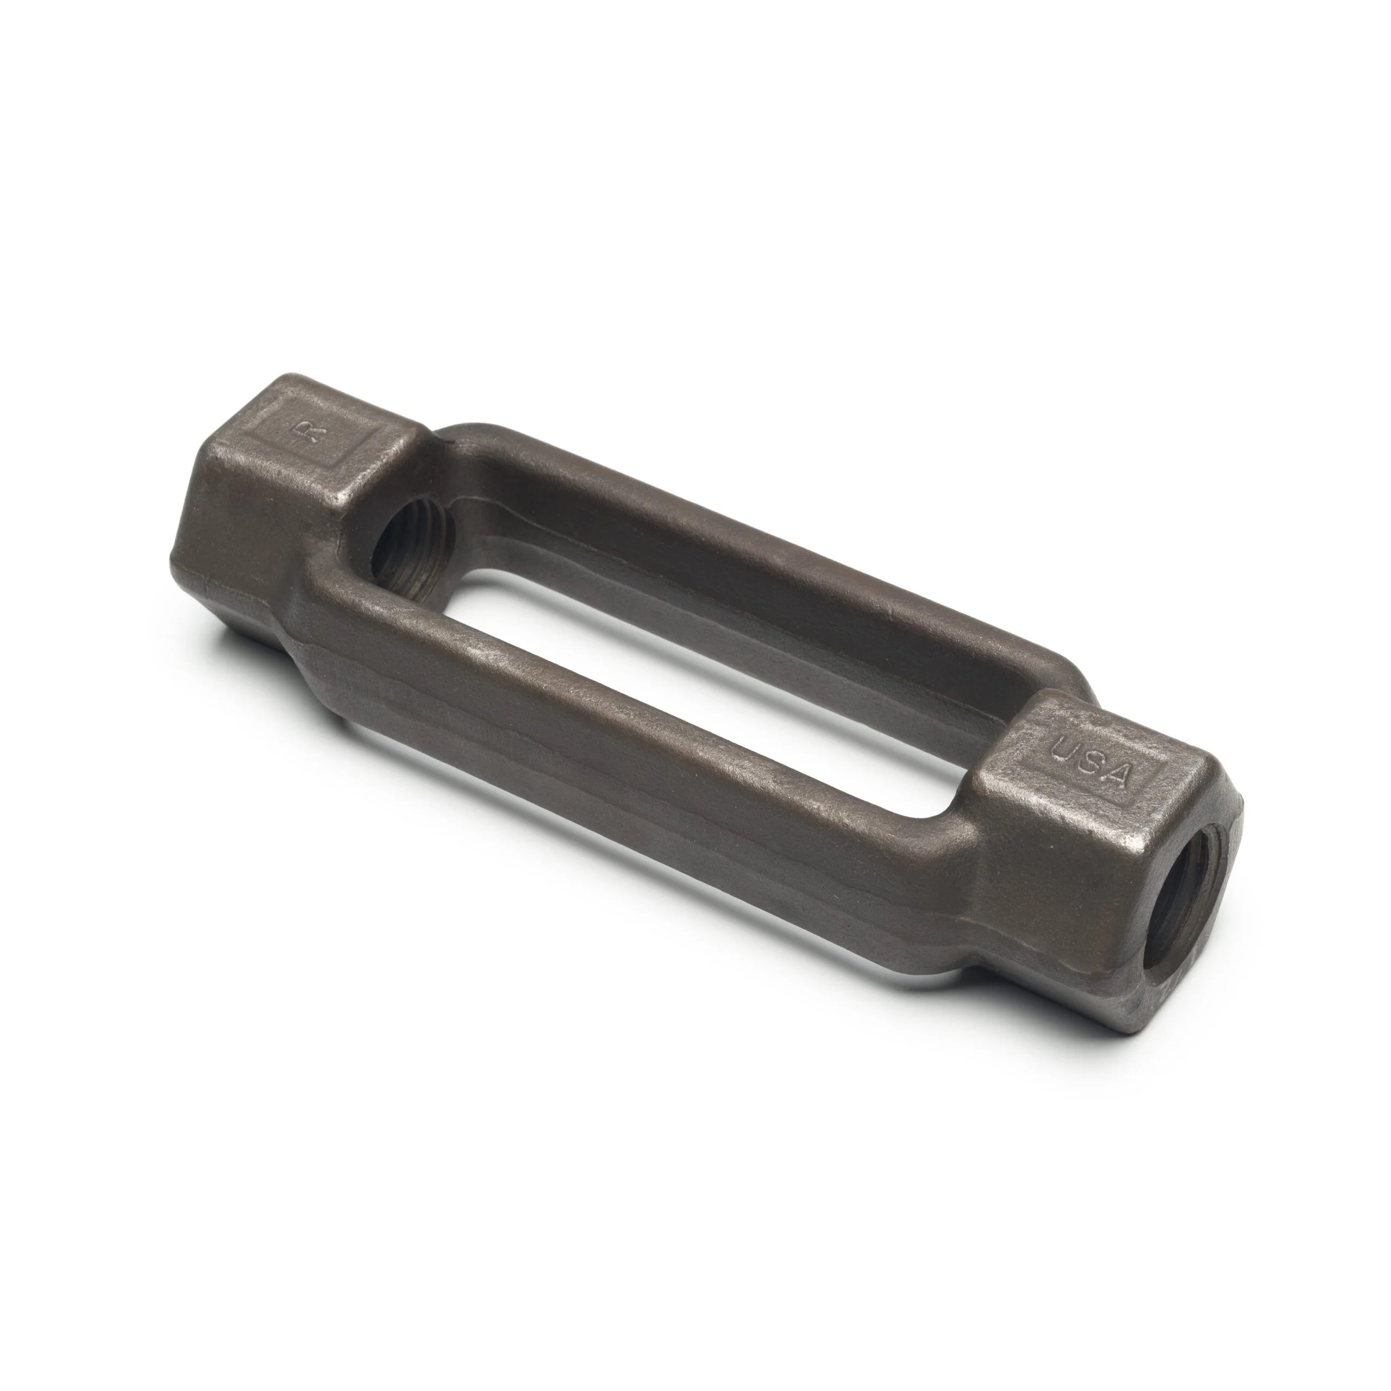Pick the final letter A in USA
click(x=1118, y=776)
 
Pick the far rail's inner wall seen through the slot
click(x=720, y=634)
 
